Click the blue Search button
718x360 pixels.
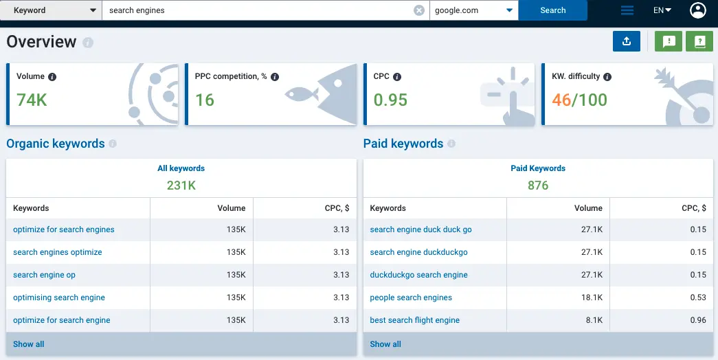[x=552, y=10]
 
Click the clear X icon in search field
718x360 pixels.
[x=419, y=10]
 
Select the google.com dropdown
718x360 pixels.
[x=473, y=10]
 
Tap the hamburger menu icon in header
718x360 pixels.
[x=627, y=10]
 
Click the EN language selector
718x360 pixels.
[x=662, y=10]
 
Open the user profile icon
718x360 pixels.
[x=698, y=10]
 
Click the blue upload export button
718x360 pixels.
[x=626, y=41]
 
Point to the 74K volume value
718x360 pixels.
[x=32, y=100]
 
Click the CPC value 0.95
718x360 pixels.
[x=390, y=100]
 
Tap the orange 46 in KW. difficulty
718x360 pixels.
[x=561, y=100]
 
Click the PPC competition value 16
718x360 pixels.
[x=205, y=100]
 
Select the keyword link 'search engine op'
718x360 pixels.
[x=44, y=275]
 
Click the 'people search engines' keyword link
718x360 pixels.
[x=411, y=297]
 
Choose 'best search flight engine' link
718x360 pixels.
[x=414, y=320]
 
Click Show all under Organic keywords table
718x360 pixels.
[x=29, y=344]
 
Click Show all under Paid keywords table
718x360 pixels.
[x=385, y=344]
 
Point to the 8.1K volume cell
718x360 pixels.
[x=591, y=320]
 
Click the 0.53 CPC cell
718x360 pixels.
[x=698, y=297]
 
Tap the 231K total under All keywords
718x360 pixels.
[x=181, y=185]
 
